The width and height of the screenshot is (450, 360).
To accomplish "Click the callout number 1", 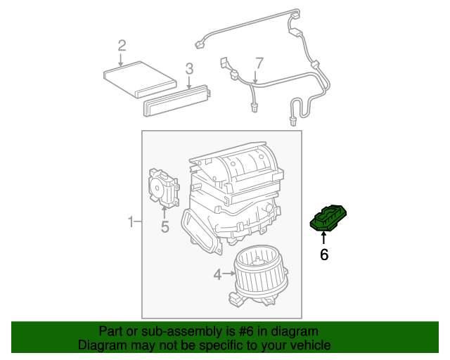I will point(131,223).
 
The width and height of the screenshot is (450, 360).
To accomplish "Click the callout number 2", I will point(122,46).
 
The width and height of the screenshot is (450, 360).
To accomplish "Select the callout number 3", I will point(189,68).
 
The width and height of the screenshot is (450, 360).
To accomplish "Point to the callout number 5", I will point(165,226).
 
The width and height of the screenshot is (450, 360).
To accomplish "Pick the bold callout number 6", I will point(324,255).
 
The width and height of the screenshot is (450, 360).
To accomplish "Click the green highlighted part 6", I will point(329,219).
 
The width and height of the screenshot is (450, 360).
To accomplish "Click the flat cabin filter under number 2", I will point(139,79).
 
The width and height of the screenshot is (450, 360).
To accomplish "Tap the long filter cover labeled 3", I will point(177,100).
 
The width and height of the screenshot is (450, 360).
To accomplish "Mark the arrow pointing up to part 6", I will point(324,238).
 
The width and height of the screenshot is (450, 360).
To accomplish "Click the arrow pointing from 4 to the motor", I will point(228,273).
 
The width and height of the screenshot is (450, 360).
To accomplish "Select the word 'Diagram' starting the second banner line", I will point(101,345).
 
